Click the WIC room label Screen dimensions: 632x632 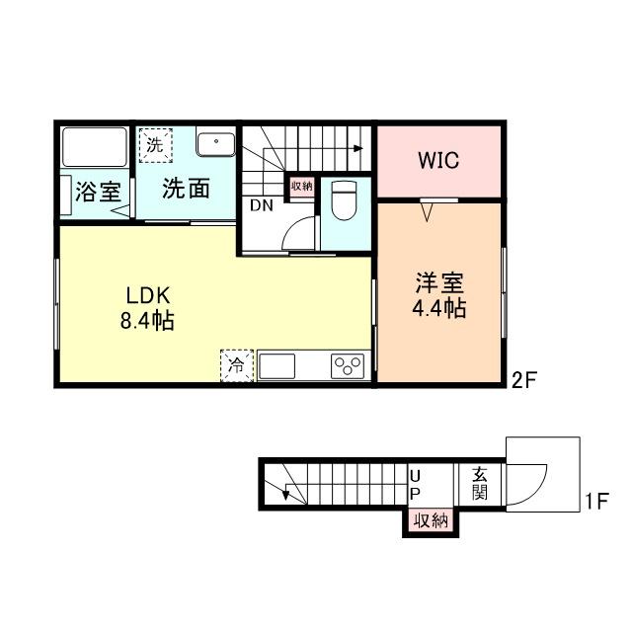click(x=438, y=160)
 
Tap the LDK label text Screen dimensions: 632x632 click(x=148, y=295)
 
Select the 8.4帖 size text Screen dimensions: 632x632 click(x=147, y=321)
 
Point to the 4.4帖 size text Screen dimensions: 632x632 click(x=438, y=308)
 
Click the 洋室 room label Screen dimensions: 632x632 click(x=439, y=282)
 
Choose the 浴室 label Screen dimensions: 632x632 click(x=98, y=192)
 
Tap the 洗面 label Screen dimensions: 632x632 click(x=186, y=189)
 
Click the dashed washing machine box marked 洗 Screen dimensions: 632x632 click(x=156, y=145)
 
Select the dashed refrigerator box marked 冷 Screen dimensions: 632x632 click(x=237, y=365)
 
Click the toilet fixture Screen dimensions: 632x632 click(x=344, y=200)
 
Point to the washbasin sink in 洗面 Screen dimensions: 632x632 click(x=216, y=141)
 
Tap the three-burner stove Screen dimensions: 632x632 click(x=348, y=366)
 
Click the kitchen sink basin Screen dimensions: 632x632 click(x=276, y=366)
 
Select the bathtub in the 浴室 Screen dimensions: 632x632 click(x=95, y=147)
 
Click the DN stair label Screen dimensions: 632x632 click(x=261, y=205)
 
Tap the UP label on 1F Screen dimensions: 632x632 click(x=415, y=485)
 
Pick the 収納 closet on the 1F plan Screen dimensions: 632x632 click(x=431, y=520)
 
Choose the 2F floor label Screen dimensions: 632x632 click(x=524, y=379)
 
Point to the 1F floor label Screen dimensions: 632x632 click(x=596, y=501)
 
